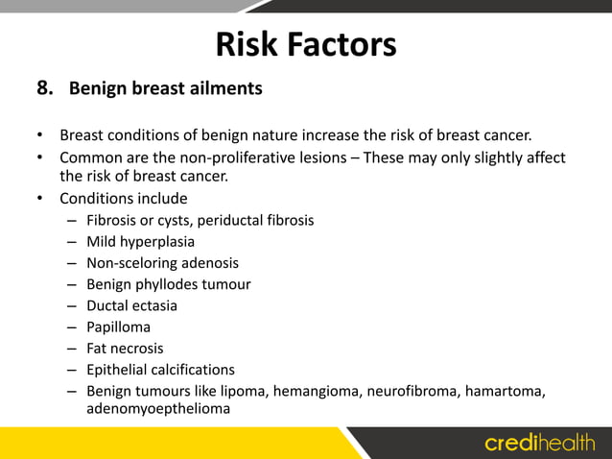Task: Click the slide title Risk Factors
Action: (305, 43)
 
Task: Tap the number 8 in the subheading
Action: (43, 89)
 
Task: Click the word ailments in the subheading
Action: (226, 89)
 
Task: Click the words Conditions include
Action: (124, 199)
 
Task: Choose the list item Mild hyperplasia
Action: (140, 241)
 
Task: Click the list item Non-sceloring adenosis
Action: (162, 262)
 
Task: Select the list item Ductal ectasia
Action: (131, 305)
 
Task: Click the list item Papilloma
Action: (118, 326)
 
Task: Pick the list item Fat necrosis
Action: (125, 348)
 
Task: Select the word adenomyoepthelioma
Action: (158, 408)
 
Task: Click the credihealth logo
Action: (540, 443)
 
